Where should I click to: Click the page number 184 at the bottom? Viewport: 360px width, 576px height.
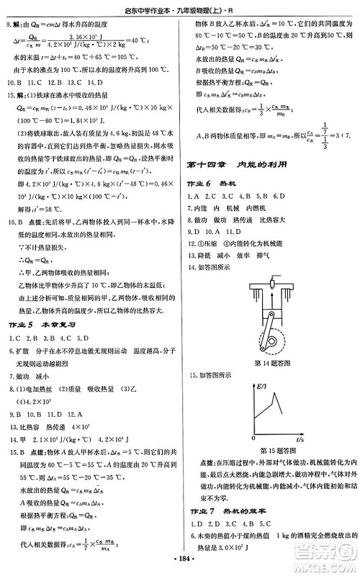pyautogui.click(x=181, y=559)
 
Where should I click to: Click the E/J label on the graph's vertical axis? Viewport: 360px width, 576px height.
pyautogui.click(x=261, y=388)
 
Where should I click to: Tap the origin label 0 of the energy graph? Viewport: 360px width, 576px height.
pyautogui.click(x=254, y=437)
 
